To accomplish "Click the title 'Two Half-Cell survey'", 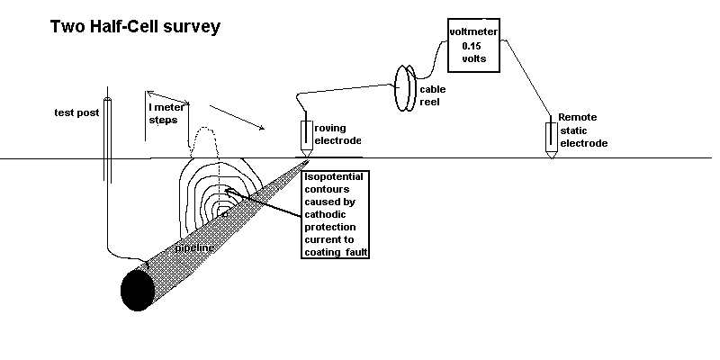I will pos(134,27).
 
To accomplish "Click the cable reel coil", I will pos(407,85).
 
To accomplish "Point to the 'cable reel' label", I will pos(434,95).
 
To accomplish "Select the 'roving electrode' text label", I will pos(337,134).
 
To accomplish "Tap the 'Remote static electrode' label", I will pos(583,130).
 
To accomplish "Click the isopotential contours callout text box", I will pos(337,214).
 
